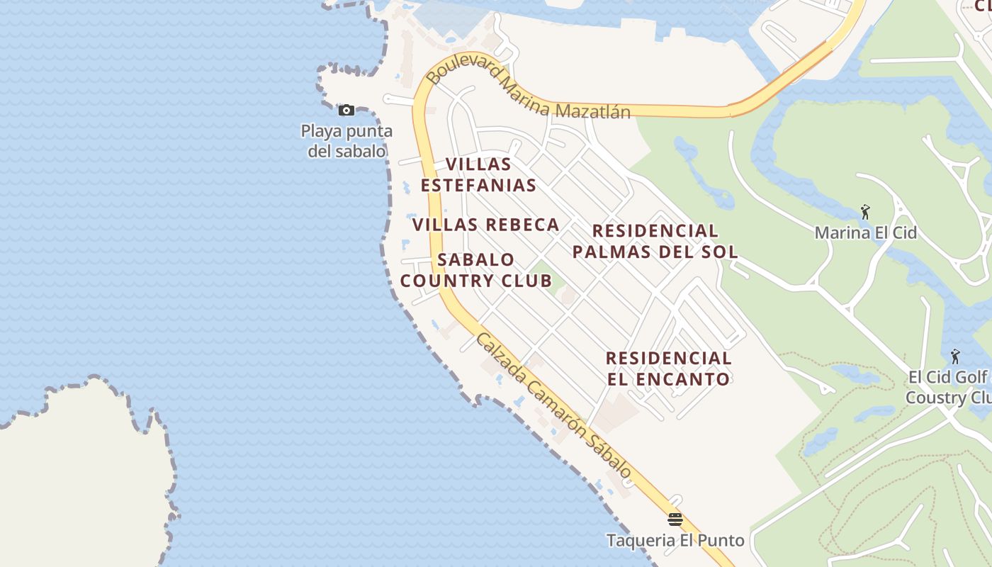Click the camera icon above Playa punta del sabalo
pyautogui.click(x=346, y=110)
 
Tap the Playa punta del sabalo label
pyautogui.click(x=346, y=141)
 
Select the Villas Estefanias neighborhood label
pyautogui.click(x=478, y=175)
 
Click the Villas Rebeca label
pyautogui.click(x=486, y=225)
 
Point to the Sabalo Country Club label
pyautogui.click(x=476, y=270)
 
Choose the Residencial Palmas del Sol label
pyautogui.click(x=655, y=241)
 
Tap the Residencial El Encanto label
pyautogui.click(x=669, y=369)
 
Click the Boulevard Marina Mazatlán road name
pyautogui.click(x=529, y=93)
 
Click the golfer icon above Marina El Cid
pyautogui.click(x=865, y=211)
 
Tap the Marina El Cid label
pyautogui.click(x=865, y=232)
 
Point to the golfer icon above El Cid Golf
pyautogui.click(x=955, y=356)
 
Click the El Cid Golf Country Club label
pyautogui.click(x=949, y=387)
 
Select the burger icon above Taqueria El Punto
pyautogui.click(x=675, y=520)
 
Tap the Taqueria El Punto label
pyautogui.click(x=675, y=540)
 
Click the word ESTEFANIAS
pyautogui.click(x=478, y=186)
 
